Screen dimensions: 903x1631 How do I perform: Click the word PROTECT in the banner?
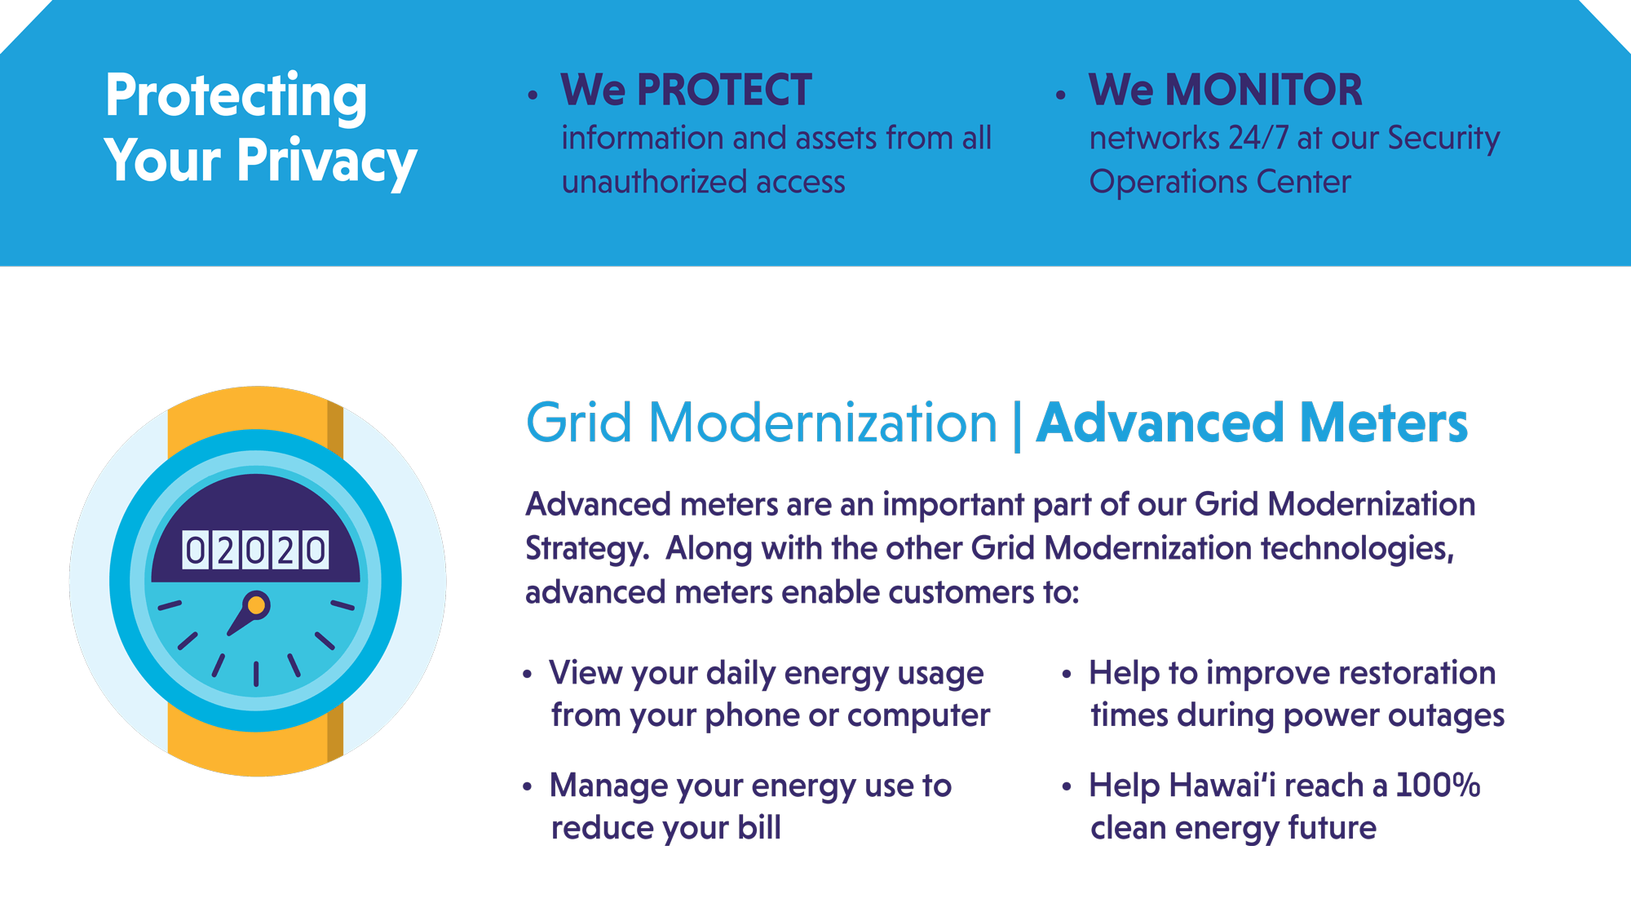click(724, 90)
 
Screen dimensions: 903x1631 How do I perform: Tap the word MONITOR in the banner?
click(1264, 90)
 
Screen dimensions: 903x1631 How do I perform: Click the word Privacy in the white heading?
click(326, 161)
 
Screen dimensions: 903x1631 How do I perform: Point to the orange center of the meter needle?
click(256, 605)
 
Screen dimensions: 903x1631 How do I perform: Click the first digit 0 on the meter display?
click(195, 551)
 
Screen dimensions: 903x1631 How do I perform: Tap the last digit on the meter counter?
click(316, 551)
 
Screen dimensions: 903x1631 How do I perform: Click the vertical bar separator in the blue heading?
click(1016, 424)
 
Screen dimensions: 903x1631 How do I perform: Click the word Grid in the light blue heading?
click(579, 423)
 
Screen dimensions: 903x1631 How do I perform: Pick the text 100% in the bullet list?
click(1438, 785)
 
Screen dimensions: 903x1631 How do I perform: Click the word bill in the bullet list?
click(759, 827)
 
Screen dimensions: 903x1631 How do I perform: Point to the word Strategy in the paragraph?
click(586, 549)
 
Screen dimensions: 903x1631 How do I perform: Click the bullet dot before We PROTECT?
click(533, 95)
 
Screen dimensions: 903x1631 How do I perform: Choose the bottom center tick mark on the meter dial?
click(256, 674)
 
